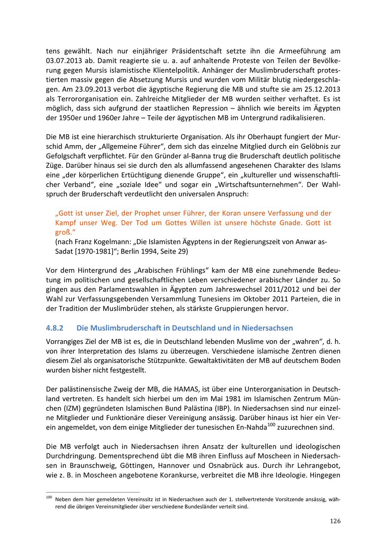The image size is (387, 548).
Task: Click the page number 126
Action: (x=335, y=521)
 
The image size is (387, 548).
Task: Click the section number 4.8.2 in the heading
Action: (x=55, y=328)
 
